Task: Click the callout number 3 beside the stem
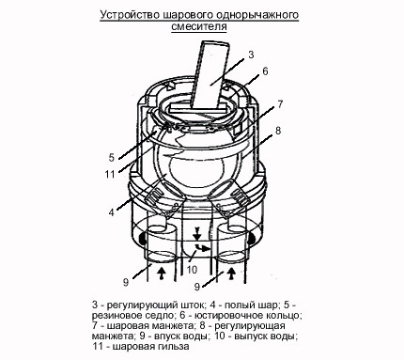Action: point(251,55)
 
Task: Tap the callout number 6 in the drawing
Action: point(265,71)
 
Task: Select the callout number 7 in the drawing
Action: point(280,104)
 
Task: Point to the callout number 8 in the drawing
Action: point(278,131)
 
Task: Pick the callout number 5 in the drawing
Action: point(112,158)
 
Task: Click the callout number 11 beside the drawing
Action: point(110,174)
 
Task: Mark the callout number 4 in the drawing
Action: point(112,212)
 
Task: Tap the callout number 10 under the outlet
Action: point(192,269)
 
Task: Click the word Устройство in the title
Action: point(131,15)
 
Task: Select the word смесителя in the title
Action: point(199,26)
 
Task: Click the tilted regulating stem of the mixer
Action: point(210,74)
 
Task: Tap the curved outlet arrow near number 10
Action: point(202,248)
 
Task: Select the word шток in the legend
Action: point(194,305)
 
